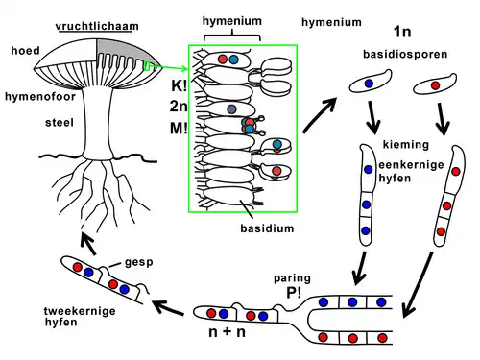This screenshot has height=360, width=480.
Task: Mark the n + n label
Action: pyautogui.click(x=228, y=335)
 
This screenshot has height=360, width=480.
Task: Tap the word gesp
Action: pyautogui.click(x=136, y=260)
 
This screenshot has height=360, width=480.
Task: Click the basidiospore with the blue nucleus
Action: pyautogui.click(x=368, y=85)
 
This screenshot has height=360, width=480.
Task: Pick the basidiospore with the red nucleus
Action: pyautogui.click(x=434, y=86)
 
